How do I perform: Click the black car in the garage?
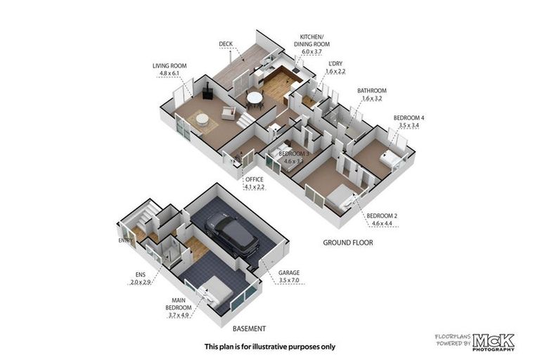[232, 233]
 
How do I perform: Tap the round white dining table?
[254, 98]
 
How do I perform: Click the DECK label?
[225, 44]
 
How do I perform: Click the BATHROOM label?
[372, 90]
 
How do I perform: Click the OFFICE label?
[254, 179]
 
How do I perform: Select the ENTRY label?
[126, 240]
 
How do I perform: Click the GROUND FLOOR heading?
[347, 243]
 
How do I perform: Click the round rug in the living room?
[202, 122]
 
